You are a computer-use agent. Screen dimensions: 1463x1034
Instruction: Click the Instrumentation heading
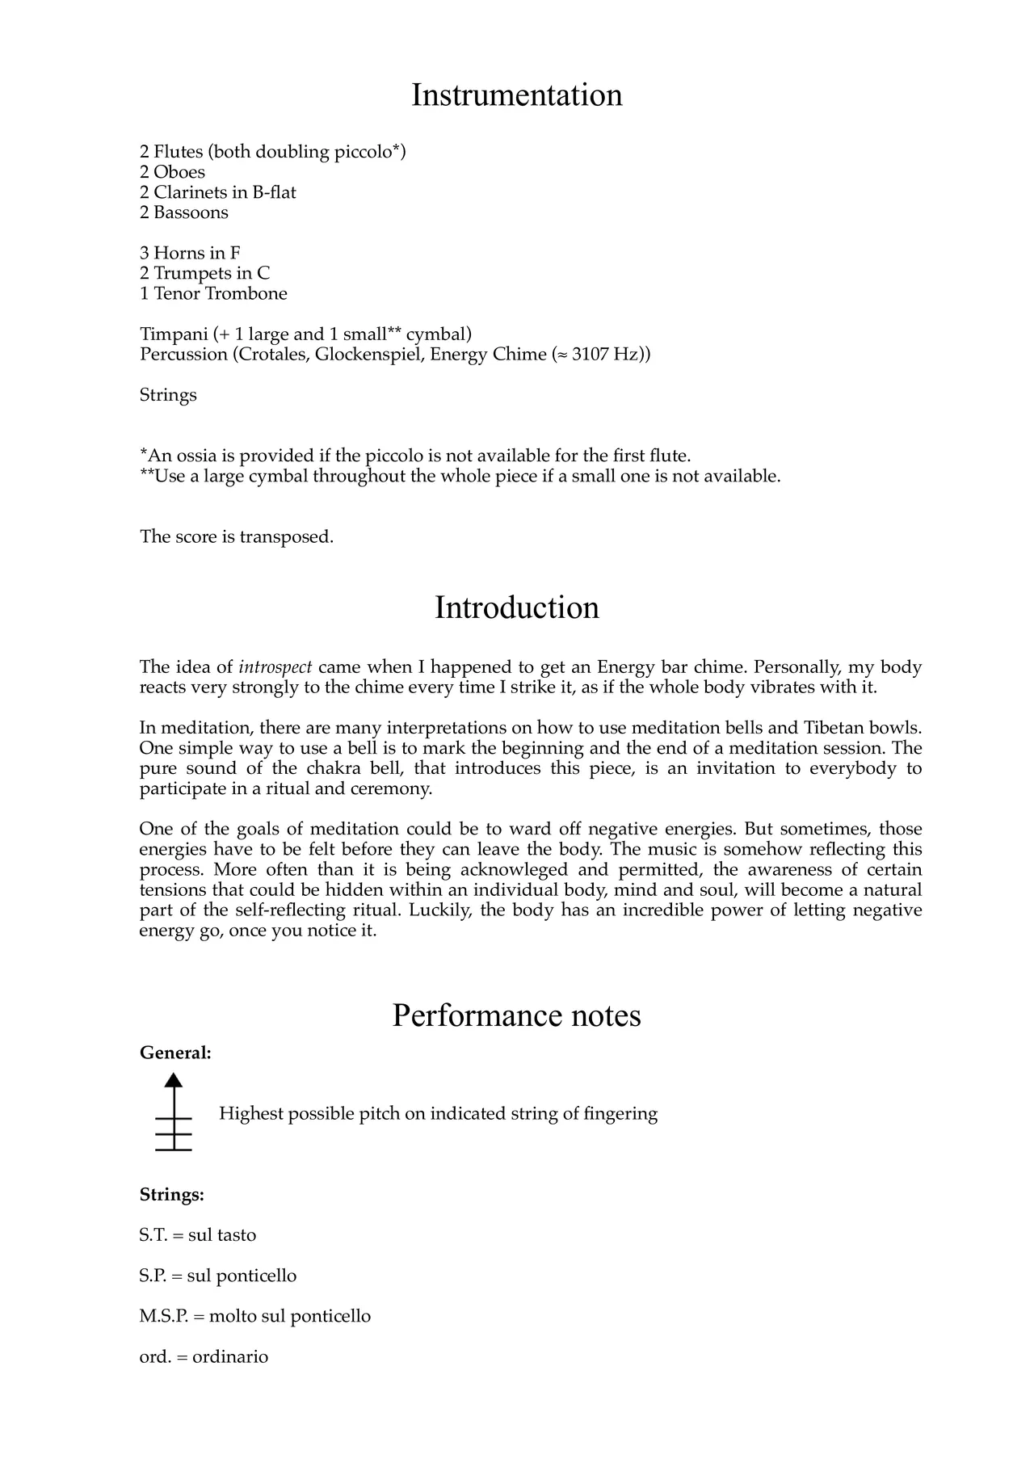(517, 95)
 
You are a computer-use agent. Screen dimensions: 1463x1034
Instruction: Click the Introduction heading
(517, 607)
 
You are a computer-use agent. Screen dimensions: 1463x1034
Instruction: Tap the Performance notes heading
(517, 1015)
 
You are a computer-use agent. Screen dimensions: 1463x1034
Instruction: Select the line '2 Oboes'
(172, 172)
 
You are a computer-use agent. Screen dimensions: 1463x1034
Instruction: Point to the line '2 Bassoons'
(184, 212)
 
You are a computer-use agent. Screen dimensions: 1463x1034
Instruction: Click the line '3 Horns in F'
(190, 253)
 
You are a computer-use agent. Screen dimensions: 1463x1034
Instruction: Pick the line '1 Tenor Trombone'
(213, 293)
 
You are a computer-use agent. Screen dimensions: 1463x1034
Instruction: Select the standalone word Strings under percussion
(168, 395)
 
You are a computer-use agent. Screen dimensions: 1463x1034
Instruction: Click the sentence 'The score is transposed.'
(237, 536)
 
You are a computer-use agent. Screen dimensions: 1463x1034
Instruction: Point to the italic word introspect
(275, 667)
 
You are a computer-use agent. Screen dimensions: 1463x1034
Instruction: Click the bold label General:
(175, 1053)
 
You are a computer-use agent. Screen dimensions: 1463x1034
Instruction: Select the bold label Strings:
(171, 1195)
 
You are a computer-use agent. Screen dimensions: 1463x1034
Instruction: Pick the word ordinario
(230, 1356)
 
